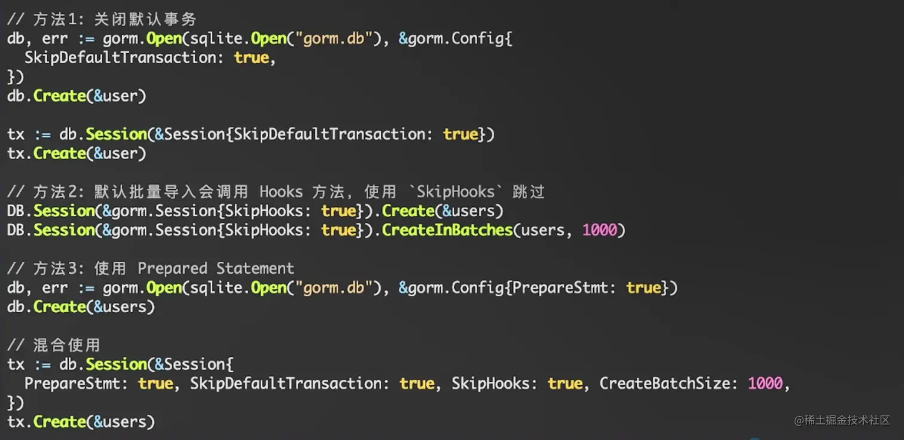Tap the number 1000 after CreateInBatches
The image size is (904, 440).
(600, 230)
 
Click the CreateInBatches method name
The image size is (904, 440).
(447, 230)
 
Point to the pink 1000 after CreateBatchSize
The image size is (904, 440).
(765, 383)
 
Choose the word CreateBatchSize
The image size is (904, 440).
(665, 383)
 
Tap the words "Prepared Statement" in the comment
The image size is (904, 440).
(216, 268)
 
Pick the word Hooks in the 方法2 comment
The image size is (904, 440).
(281, 192)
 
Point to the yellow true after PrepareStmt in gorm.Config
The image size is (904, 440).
(643, 288)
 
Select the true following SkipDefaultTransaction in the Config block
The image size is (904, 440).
(251, 58)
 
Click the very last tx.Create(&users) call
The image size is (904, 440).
(81, 421)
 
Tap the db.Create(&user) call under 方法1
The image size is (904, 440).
(77, 96)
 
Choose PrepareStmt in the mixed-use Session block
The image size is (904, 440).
(72, 383)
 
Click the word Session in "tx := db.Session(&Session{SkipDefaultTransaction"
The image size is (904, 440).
(116, 135)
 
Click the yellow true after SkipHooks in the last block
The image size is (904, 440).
(565, 383)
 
